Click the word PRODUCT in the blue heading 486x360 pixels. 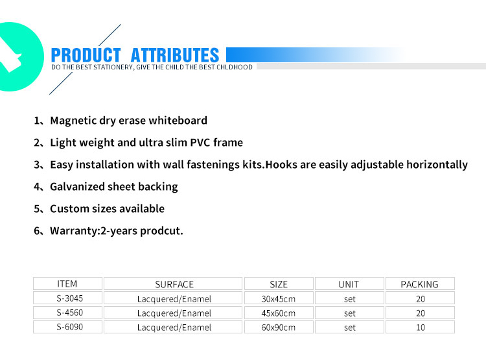[x=86, y=55]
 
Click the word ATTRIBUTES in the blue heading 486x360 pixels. [x=175, y=55]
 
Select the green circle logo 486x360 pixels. [x=19, y=57]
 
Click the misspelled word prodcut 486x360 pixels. [x=161, y=231]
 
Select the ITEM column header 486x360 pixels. [x=67, y=284]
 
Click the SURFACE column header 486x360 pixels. [x=174, y=284]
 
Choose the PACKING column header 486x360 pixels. [x=420, y=284]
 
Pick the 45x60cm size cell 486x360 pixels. [x=279, y=313]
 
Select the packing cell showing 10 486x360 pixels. [x=421, y=328]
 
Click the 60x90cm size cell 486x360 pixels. [x=279, y=328]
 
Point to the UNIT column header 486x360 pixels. [x=349, y=284]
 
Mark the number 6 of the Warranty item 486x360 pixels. [x=37, y=231]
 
